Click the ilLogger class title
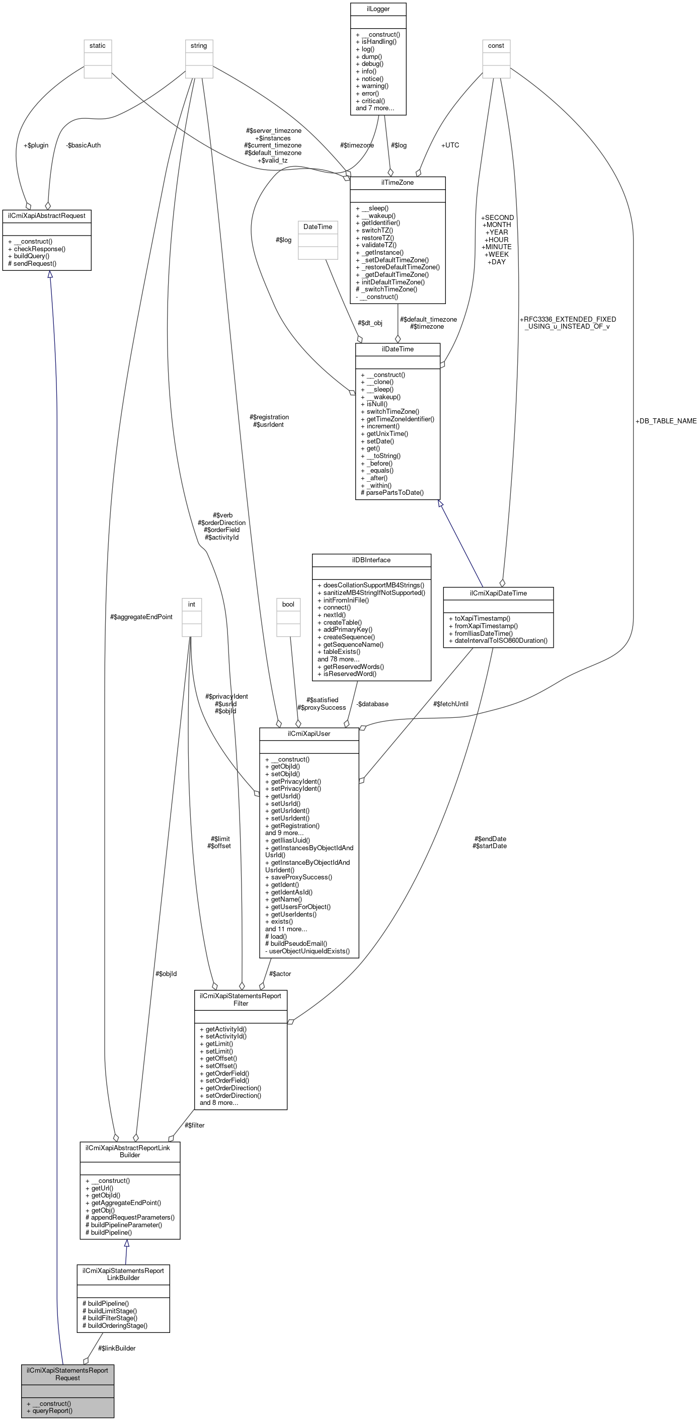378,9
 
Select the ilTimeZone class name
397,183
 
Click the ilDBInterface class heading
371,560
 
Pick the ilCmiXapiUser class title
309,734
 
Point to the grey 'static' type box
98,46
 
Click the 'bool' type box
288,605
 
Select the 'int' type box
191,605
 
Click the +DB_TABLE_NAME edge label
665,421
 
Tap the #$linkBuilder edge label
116,1348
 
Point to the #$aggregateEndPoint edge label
141,617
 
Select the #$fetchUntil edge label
451,704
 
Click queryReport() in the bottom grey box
52,1410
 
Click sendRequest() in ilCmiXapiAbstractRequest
35,264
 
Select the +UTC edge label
450,145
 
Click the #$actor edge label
280,974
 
